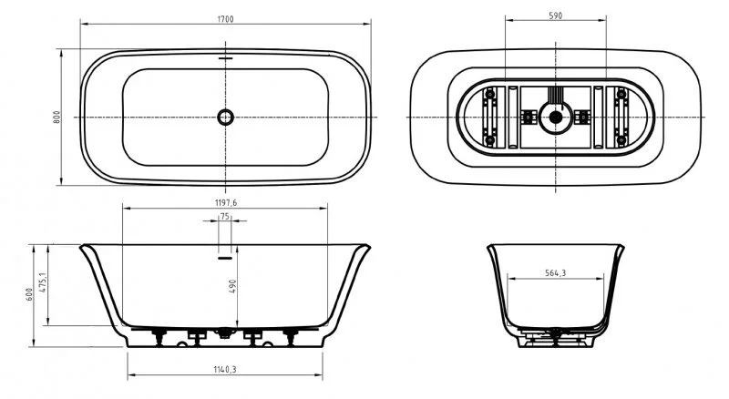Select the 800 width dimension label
(x=56, y=117)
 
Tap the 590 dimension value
(x=554, y=15)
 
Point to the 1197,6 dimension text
(x=224, y=202)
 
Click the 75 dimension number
(x=224, y=217)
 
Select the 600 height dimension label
(x=29, y=294)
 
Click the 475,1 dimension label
(x=43, y=282)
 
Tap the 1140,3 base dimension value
(x=224, y=369)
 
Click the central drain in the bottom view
(x=554, y=117)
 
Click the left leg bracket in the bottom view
(x=491, y=117)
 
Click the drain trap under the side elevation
(x=224, y=335)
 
